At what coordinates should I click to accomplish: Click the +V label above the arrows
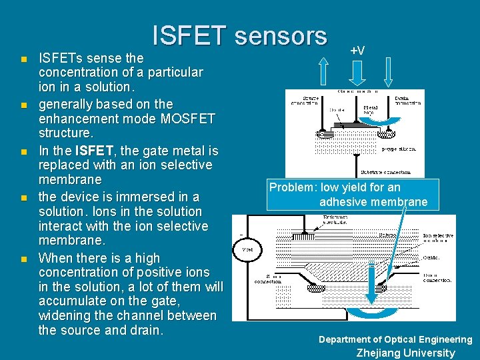pos(357,51)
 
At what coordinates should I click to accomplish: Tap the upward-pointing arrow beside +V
pos(323,70)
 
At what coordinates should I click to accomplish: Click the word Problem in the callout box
pos(292,187)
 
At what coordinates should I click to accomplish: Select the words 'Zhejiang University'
pos(405,353)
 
